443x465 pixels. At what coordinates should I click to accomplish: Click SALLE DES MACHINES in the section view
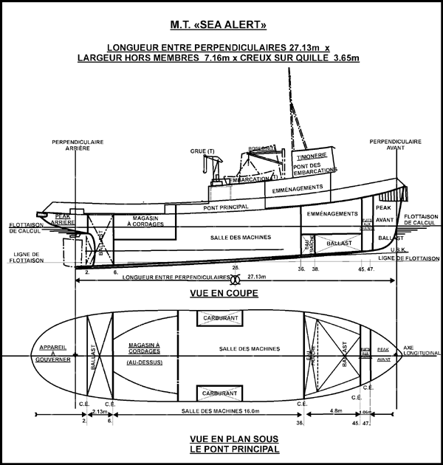coord(241,237)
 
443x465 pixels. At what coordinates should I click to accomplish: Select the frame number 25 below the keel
coord(235,267)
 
